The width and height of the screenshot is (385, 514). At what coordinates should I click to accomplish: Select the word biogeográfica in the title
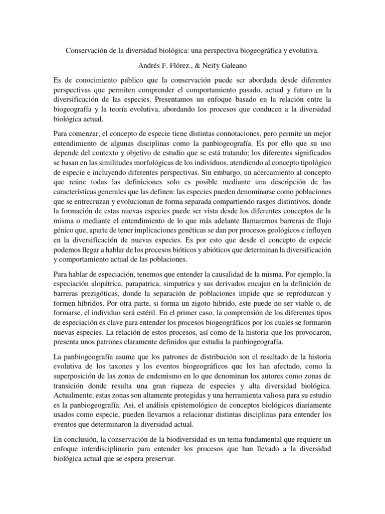coord(269,51)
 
